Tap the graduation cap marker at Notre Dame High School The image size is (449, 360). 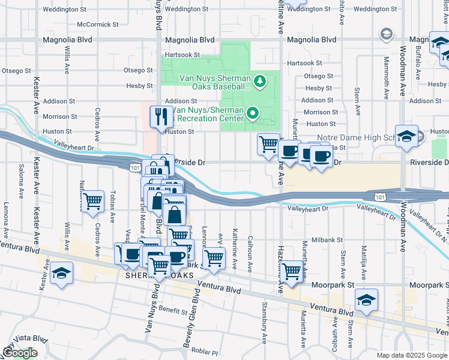[406, 136]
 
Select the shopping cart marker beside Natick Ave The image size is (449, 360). [92, 201]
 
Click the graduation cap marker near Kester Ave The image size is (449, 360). [61, 273]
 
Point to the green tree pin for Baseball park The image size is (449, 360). [260, 80]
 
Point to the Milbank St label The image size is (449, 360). [328, 239]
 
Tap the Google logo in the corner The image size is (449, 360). [20, 353]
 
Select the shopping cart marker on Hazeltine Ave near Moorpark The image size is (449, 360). [292, 271]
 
